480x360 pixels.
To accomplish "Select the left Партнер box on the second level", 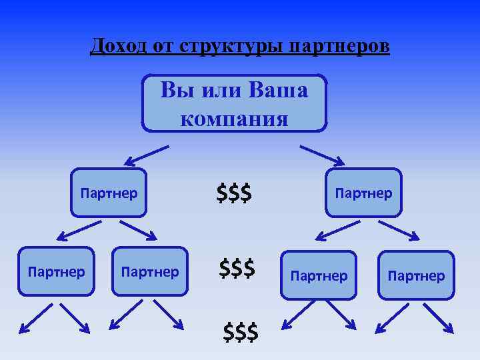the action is pyautogui.click(x=109, y=193).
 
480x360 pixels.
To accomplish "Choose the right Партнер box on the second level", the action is pyautogui.click(x=363, y=193).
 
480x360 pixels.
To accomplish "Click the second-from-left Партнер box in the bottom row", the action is pyautogui.click(x=149, y=272).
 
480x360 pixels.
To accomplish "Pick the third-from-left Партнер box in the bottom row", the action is pyautogui.click(x=319, y=275).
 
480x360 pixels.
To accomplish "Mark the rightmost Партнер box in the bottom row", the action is pyautogui.click(x=415, y=275).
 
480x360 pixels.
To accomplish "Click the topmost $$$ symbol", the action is pyautogui.click(x=234, y=193).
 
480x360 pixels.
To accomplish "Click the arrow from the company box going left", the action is pyautogui.click(x=146, y=155).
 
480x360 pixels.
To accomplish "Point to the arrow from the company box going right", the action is pyautogui.click(x=322, y=155).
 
